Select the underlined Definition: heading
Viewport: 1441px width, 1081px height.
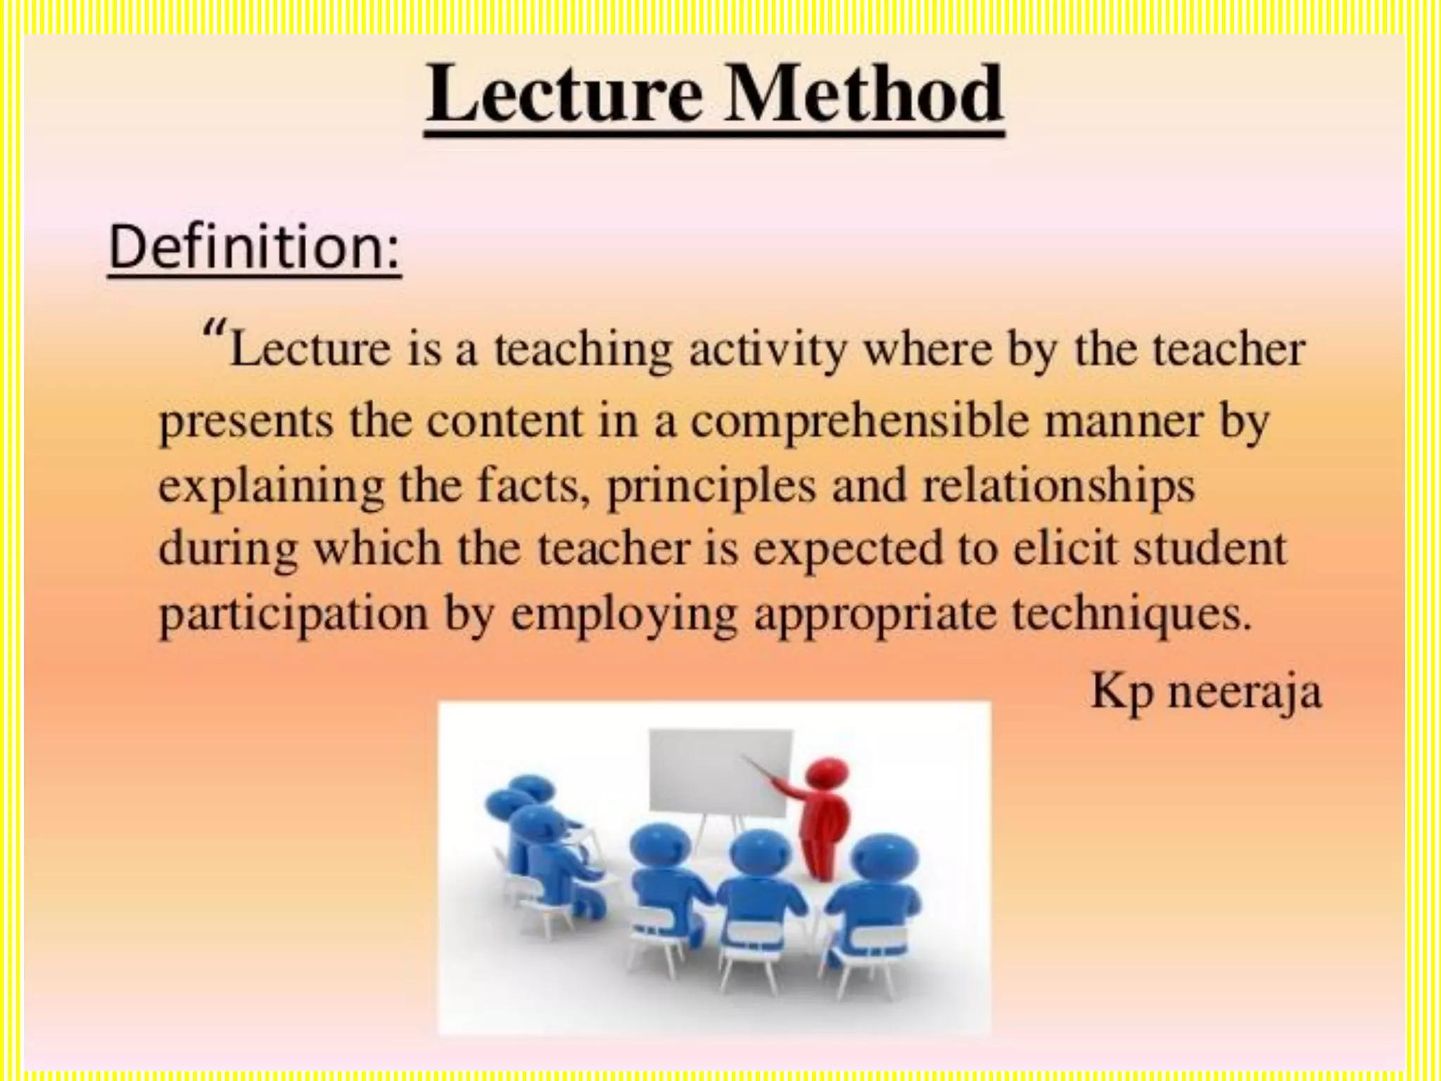(255, 248)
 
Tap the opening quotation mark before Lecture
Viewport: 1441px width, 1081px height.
(214, 329)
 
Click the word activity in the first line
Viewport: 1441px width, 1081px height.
(768, 350)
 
